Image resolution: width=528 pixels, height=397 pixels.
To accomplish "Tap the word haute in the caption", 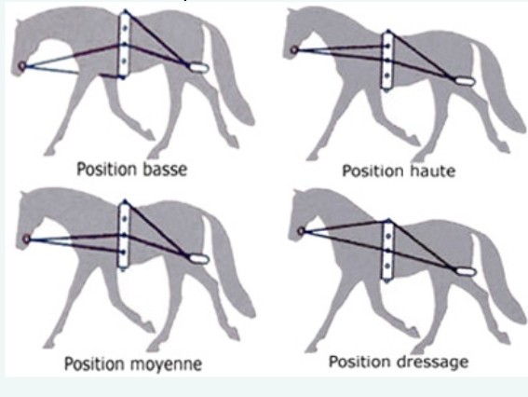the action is click(x=432, y=171).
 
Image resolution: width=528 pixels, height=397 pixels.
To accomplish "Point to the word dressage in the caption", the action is click(x=432, y=362).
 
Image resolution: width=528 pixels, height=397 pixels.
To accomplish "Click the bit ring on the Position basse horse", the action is click(x=22, y=66).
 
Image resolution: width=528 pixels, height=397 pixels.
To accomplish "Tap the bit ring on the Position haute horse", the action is click(x=294, y=50).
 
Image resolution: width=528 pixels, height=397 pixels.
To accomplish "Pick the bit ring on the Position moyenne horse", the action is click(x=26, y=239).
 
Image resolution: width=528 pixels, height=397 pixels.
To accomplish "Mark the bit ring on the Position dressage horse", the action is click(x=302, y=231).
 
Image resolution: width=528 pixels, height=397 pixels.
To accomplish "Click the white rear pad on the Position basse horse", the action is click(x=198, y=68).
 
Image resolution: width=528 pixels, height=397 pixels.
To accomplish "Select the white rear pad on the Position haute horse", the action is click(x=465, y=81).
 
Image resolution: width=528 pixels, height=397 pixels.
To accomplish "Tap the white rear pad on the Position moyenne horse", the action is click(x=199, y=259).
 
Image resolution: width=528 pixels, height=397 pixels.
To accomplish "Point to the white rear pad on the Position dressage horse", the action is click(x=466, y=271).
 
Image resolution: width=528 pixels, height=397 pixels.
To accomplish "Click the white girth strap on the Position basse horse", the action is click(x=124, y=45).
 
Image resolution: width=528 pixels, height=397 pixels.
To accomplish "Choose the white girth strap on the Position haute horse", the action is click(x=387, y=61).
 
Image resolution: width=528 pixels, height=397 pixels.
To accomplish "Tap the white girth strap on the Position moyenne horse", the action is click(x=124, y=235).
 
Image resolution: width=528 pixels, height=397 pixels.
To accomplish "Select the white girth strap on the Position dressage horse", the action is click(x=387, y=251).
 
